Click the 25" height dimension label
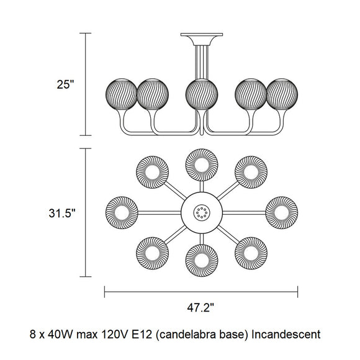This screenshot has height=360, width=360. coord(66,84)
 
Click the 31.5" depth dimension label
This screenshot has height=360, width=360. coord(62,214)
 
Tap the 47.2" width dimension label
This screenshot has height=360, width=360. coord(200,307)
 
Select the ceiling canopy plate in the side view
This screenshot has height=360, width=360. coord(202,34)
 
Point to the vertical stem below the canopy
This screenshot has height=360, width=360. coord(202,62)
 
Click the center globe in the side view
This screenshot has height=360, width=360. coord(202,94)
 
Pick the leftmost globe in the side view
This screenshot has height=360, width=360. coord(122,94)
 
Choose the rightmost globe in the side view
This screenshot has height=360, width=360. coord(282,94)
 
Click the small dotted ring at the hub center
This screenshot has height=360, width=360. coord(201,212)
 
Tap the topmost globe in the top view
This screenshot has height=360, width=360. coord(202,165)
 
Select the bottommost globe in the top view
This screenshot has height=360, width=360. coord(202,260)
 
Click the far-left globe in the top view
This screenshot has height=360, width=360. coord(122,213)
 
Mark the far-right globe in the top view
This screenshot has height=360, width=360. coord(282,213)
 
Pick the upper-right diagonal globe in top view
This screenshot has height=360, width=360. coord(251,172)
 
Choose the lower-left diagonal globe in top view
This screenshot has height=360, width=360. coord(153,253)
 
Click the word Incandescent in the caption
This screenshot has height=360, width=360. coord(286,335)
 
